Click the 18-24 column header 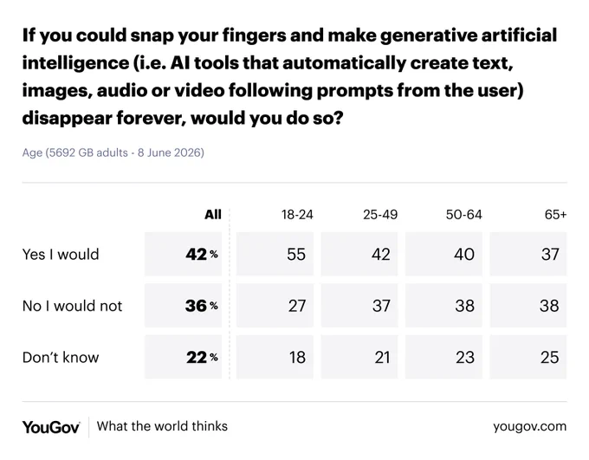pyautogui.click(x=297, y=215)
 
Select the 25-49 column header pyautogui.click(x=380, y=215)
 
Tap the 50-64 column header pyautogui.click(x=464, y=215)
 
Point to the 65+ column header pyautogui.click(x=555, y=215)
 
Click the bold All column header pyautogui.click(x=213, y=215)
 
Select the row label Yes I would pyautogui.click(x=61, y=255)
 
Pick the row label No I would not pyautogui.click(x=72, y=306)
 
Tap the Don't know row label pyautogui.click(x=61, y=358)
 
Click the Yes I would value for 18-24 pyautogui.click(x=296, y=255)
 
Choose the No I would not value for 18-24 pyautogui.click(x=297, y=306)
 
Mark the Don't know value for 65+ pyautogui.click(x=549, y=358)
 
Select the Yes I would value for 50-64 pyautogui.click(x=464, y=255)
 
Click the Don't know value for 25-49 pyautogui.click(x=382, y=358)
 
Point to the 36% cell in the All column pyautogui.click(x=201, y=306)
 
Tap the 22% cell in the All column pyautogui.click(x=202, y=358)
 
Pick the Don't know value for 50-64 pyautogui.click(x=465, y=358)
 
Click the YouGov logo pyautogui.click(x=51, y=427)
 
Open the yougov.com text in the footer pyautogui.click(x=529, y=426)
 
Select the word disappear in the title pyautogui.click(x=66, y=119)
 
